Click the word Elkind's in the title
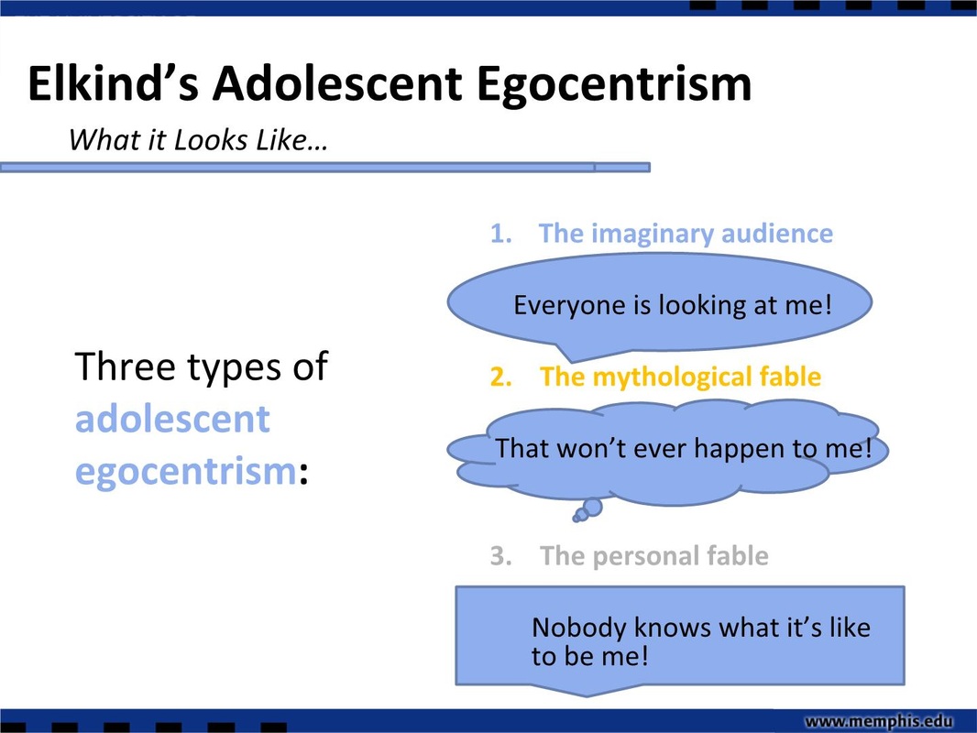coord(114,83)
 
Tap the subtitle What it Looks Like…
coord(198,140)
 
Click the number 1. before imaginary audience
coord(501,234)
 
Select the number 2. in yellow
coord(501,377)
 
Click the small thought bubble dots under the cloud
coord(587,510)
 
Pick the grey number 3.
coord(501,555)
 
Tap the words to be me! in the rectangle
coord(590,656)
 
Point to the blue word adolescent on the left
coord(172,419)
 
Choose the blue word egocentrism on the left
coord(186,472)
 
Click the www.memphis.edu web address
coord(879,721)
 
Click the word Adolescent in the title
coord(337,83)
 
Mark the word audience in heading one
coord(777,234)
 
